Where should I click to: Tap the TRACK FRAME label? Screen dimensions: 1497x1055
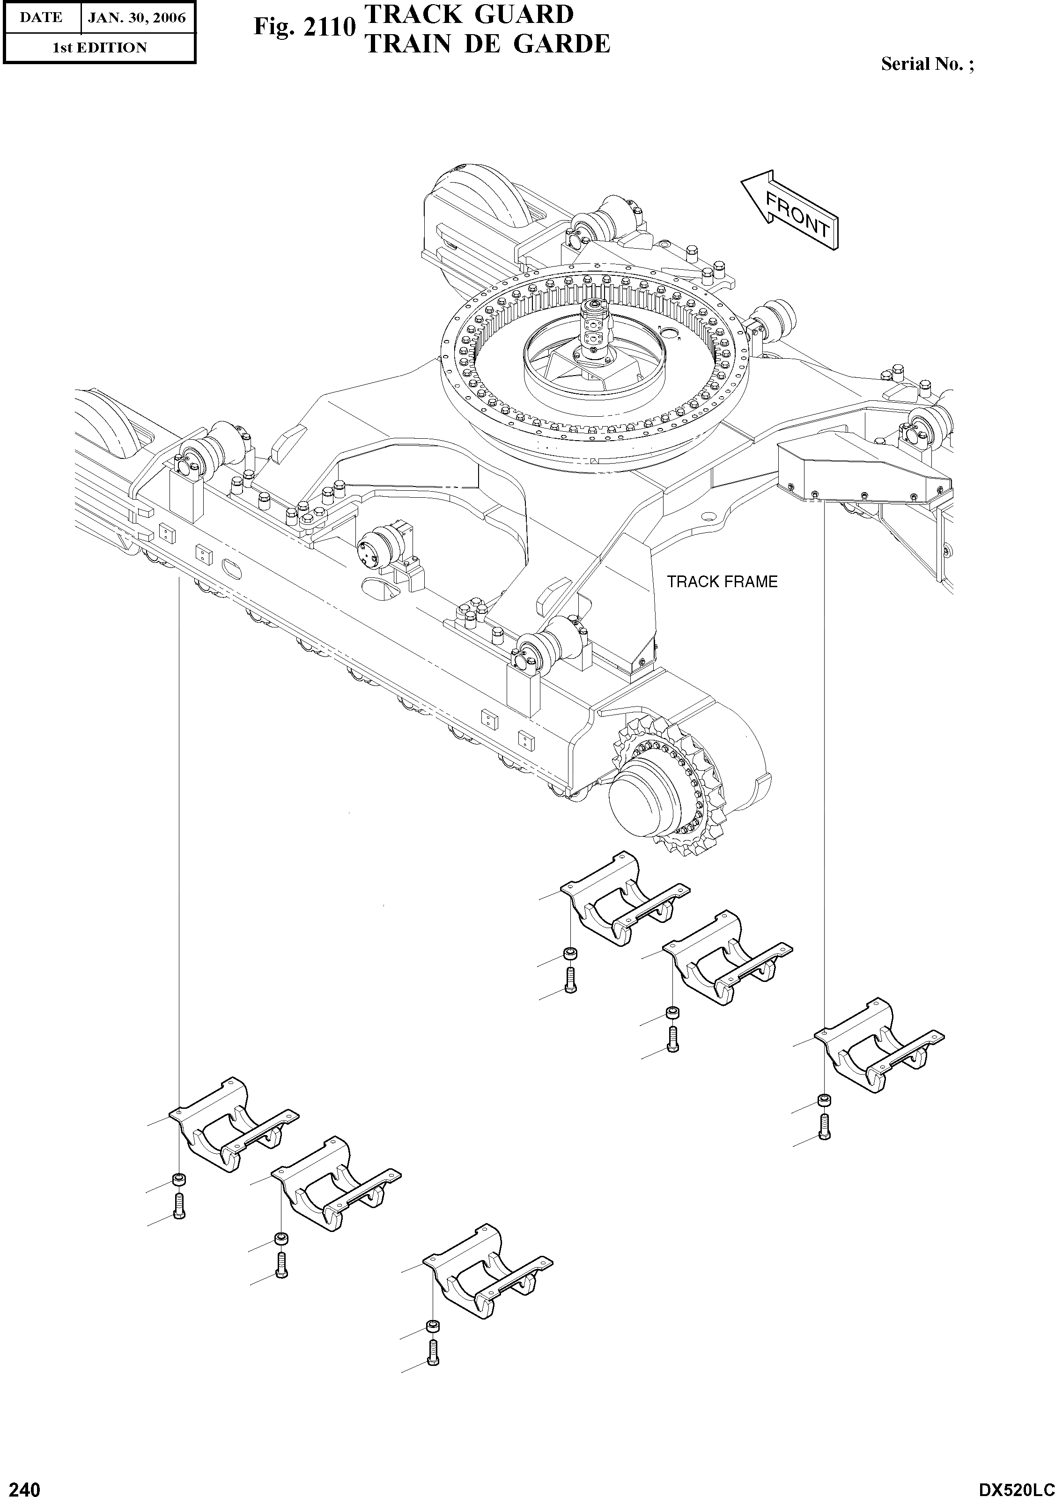[722, 582]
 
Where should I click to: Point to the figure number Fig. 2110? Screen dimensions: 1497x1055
[304, 28]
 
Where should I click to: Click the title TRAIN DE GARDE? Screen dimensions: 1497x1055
[487, 44]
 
